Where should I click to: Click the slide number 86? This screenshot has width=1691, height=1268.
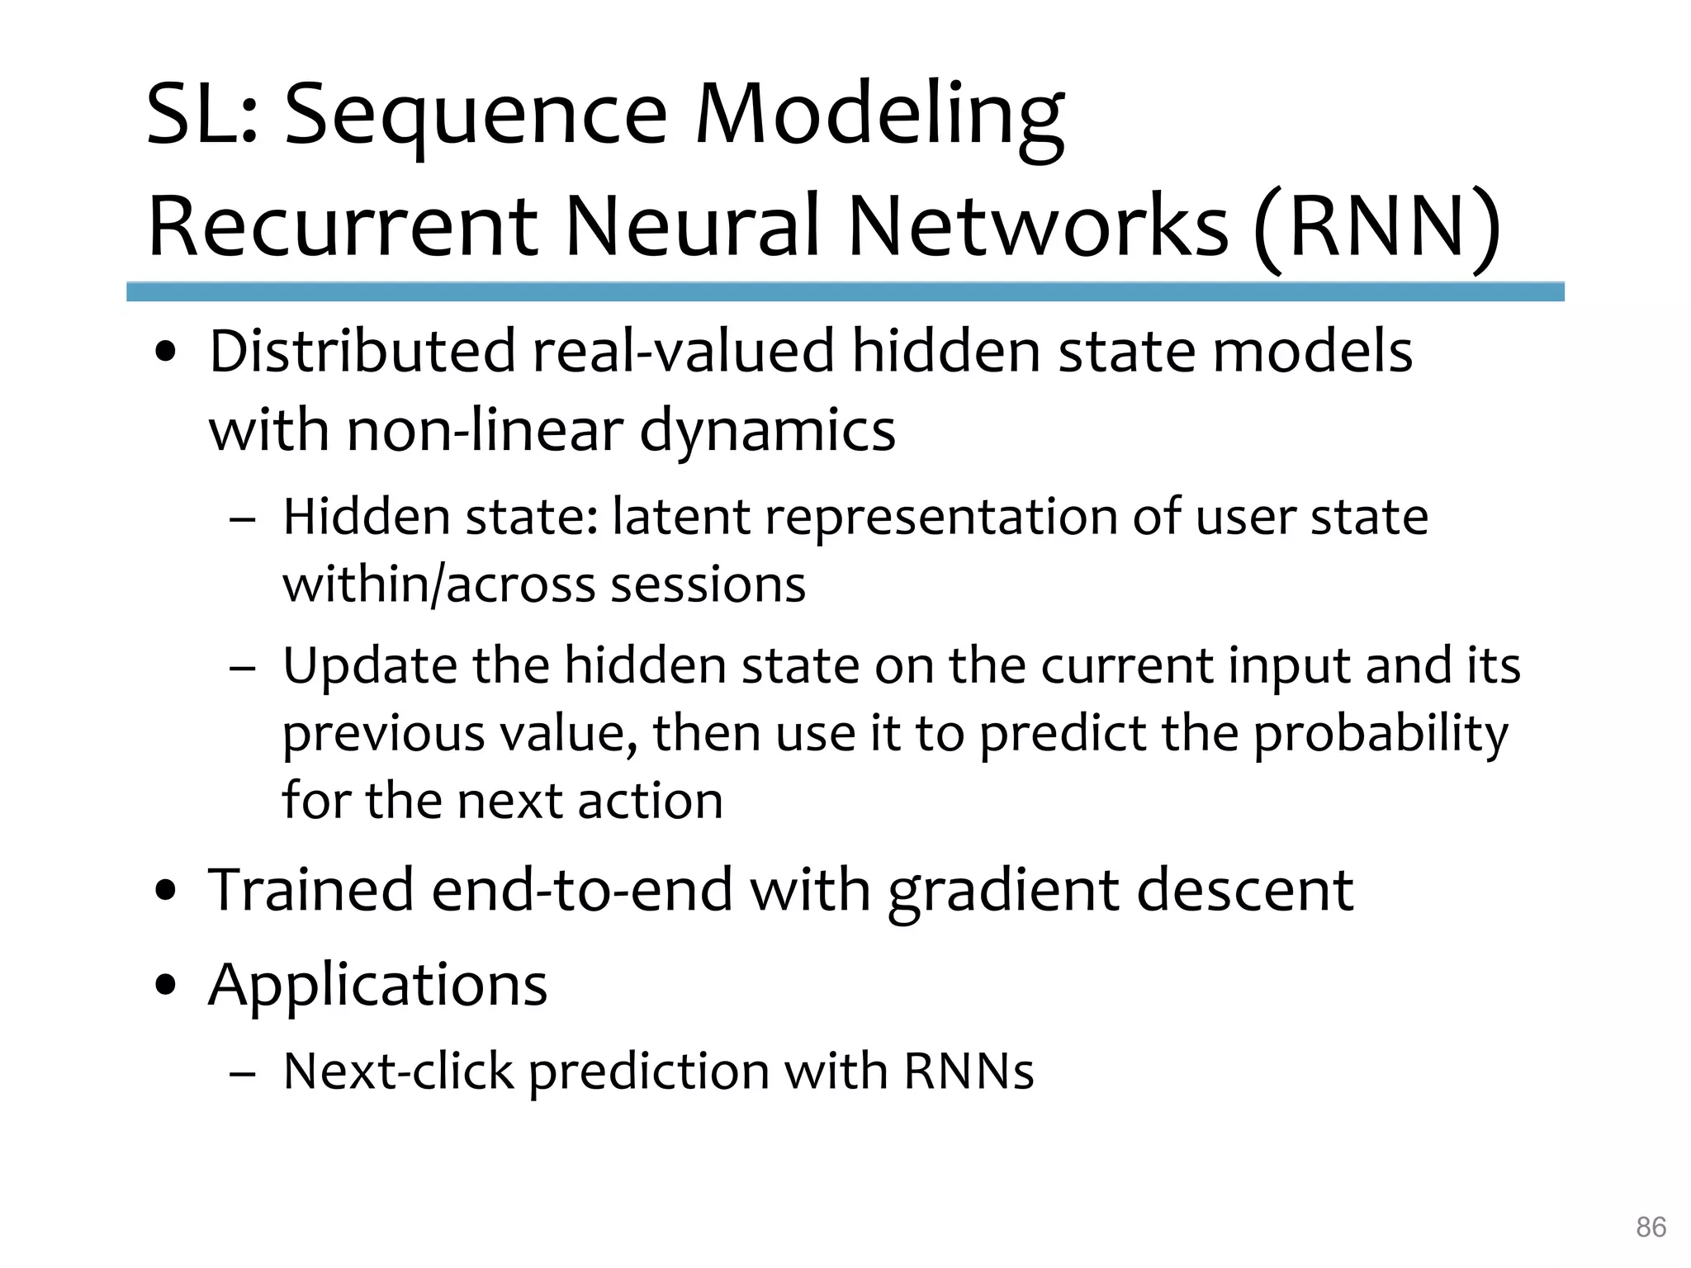(1651, 1227)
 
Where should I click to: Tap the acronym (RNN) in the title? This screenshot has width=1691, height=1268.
(1376, 227)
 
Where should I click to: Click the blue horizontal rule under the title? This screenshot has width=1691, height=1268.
(845, 291)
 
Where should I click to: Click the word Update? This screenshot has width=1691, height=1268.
(370, 666)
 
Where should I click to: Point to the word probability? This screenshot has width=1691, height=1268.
(1381, 735)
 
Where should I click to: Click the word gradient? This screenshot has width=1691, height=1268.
(1003, 892)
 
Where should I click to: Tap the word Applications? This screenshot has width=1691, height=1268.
(378, 986)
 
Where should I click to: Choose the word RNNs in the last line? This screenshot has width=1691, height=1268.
(969, 1072)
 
